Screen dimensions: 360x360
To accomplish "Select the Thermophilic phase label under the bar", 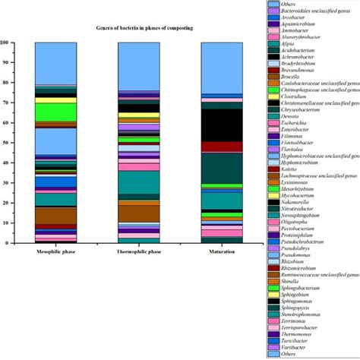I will coord(139,250).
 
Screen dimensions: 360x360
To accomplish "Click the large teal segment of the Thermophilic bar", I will coord(139,183).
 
